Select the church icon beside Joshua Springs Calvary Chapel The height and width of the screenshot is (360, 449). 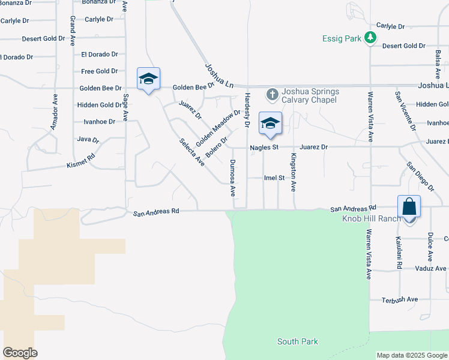click(x=272, y=94)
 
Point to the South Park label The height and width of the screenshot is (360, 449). click(x=297, y=341)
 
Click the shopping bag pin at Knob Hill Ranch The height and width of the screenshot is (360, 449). click(x=409, y=208)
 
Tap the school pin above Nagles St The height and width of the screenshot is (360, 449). click(x=270, y=124)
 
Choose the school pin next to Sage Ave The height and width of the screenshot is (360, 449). click(x=148, y=80)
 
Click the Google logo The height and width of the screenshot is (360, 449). click(x=20, y=353)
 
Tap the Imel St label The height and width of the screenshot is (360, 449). click(x=274, y=178)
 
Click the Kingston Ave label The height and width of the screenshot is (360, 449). click(x=294, y=172)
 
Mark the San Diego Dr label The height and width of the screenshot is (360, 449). click(x=419, y=175)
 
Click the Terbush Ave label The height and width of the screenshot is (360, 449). click(x=400, y=299)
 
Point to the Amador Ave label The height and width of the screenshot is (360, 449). click(x=54, y=112)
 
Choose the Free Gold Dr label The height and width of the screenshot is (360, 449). click(x=100, y=71)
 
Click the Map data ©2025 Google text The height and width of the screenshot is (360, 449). click(x=412, y=355)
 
